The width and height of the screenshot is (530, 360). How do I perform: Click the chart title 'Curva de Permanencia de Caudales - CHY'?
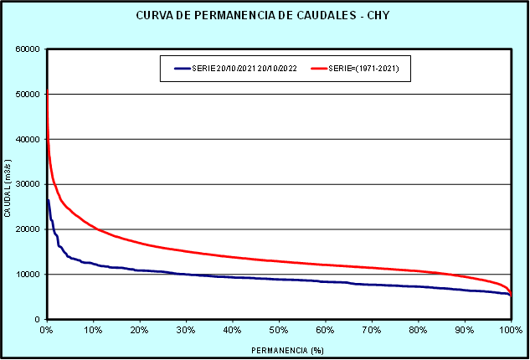point(265,16)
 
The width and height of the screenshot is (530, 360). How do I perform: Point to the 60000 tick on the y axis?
point(28,49)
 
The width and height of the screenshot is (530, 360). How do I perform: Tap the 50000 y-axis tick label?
point(28,94)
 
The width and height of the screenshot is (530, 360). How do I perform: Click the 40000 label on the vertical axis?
point(28,139)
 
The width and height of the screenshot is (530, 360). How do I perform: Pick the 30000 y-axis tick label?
point(28,184)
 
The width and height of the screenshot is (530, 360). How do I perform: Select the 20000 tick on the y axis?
point(28,229)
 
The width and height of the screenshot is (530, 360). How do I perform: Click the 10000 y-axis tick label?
point(28,275)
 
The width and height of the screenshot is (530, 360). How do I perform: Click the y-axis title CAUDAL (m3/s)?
point(8,184)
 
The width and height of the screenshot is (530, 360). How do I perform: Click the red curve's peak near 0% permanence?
point(47,90)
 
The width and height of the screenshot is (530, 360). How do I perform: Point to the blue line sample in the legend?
point(183,68)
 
